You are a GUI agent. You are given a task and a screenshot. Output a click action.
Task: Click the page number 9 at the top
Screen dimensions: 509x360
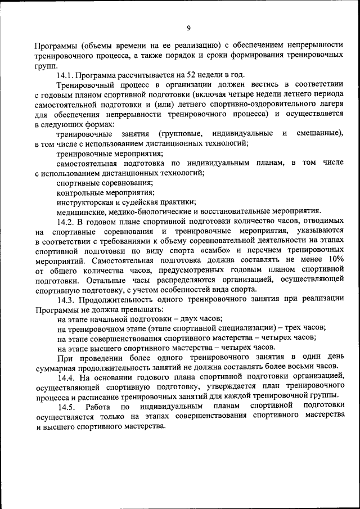pos(189,28)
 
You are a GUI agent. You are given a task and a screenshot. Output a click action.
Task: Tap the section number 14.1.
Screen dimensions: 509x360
pos(65,75)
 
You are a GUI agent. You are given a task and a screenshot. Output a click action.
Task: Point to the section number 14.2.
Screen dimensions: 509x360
pos(66,222)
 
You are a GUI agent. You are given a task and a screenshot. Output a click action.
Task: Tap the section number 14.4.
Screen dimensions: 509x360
pos(66,376)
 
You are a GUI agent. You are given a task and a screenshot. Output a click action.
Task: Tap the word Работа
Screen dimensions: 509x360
pos(98,406)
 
